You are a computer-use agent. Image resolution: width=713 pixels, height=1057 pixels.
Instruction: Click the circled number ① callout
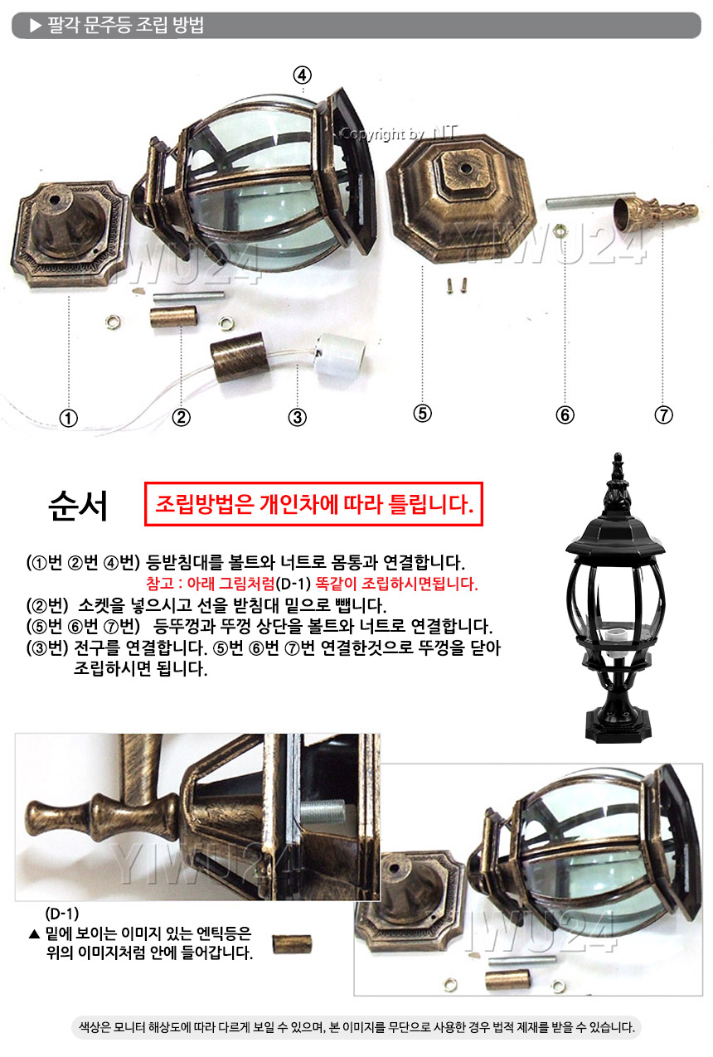69,418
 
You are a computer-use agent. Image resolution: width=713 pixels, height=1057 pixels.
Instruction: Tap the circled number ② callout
182,417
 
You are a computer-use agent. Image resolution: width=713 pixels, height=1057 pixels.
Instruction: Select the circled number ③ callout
298,417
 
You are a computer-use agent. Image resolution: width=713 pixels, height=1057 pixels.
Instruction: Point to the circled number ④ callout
303,75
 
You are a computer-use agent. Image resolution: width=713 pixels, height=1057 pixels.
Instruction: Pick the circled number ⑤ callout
422,414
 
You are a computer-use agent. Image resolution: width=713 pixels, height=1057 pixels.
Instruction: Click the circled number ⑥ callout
565,415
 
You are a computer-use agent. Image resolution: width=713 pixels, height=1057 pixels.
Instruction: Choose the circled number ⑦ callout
663,415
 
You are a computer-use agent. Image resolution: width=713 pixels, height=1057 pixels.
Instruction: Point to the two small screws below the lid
457,285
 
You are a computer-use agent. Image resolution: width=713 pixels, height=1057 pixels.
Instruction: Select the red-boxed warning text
313,504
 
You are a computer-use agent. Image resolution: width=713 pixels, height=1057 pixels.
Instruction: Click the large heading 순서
78,506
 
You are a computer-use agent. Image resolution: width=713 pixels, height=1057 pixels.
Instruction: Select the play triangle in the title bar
36,25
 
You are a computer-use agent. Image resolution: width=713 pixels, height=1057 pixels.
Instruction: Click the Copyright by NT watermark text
399,133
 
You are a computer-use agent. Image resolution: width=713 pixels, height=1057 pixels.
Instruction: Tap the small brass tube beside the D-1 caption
292,943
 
